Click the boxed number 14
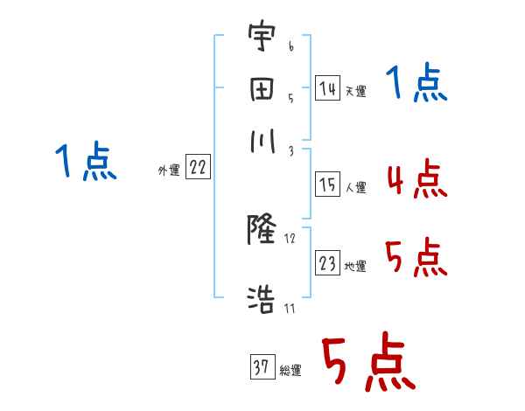[327, 88]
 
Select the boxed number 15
[327, 184]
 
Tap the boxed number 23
[327, 263]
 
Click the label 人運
[355, 187]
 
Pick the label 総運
[290, 371]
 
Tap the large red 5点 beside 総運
[367, 364]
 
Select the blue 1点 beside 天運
[416, 85]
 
